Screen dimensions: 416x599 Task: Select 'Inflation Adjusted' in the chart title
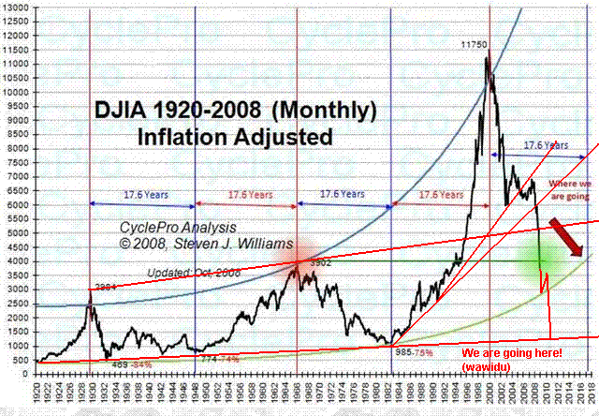234,137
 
